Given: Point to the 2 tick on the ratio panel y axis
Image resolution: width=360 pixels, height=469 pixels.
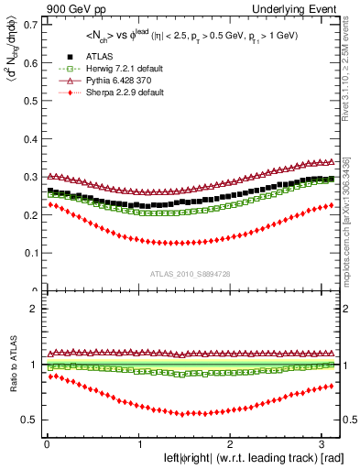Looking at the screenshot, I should coord(31,309).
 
